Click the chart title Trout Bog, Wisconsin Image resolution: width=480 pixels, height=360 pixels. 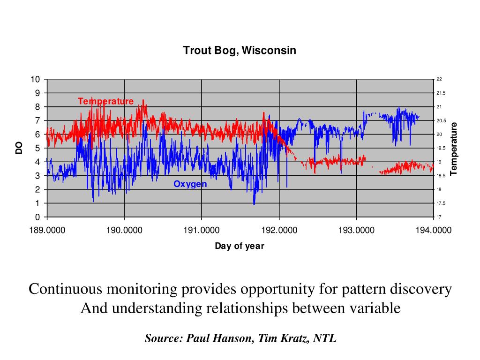240,50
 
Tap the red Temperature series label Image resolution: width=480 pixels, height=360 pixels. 105,101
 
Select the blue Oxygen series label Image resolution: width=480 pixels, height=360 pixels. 190,184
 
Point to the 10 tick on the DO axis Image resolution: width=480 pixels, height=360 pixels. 36,79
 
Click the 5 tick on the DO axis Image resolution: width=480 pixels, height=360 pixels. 38,148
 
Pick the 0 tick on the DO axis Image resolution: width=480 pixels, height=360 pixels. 38,217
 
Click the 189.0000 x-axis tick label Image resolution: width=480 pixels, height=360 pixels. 47,230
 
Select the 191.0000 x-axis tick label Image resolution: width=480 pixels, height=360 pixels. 202,230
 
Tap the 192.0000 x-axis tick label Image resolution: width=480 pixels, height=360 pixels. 279,230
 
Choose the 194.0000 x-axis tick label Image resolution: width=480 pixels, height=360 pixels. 433,230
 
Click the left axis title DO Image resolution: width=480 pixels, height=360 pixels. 19,148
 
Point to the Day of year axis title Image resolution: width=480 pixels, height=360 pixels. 240,246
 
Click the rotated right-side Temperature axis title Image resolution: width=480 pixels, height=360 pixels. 453,148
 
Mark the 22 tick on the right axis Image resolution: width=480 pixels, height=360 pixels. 439,79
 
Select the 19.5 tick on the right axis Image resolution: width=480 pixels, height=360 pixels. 441,148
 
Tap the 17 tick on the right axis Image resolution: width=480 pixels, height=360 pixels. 439,217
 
